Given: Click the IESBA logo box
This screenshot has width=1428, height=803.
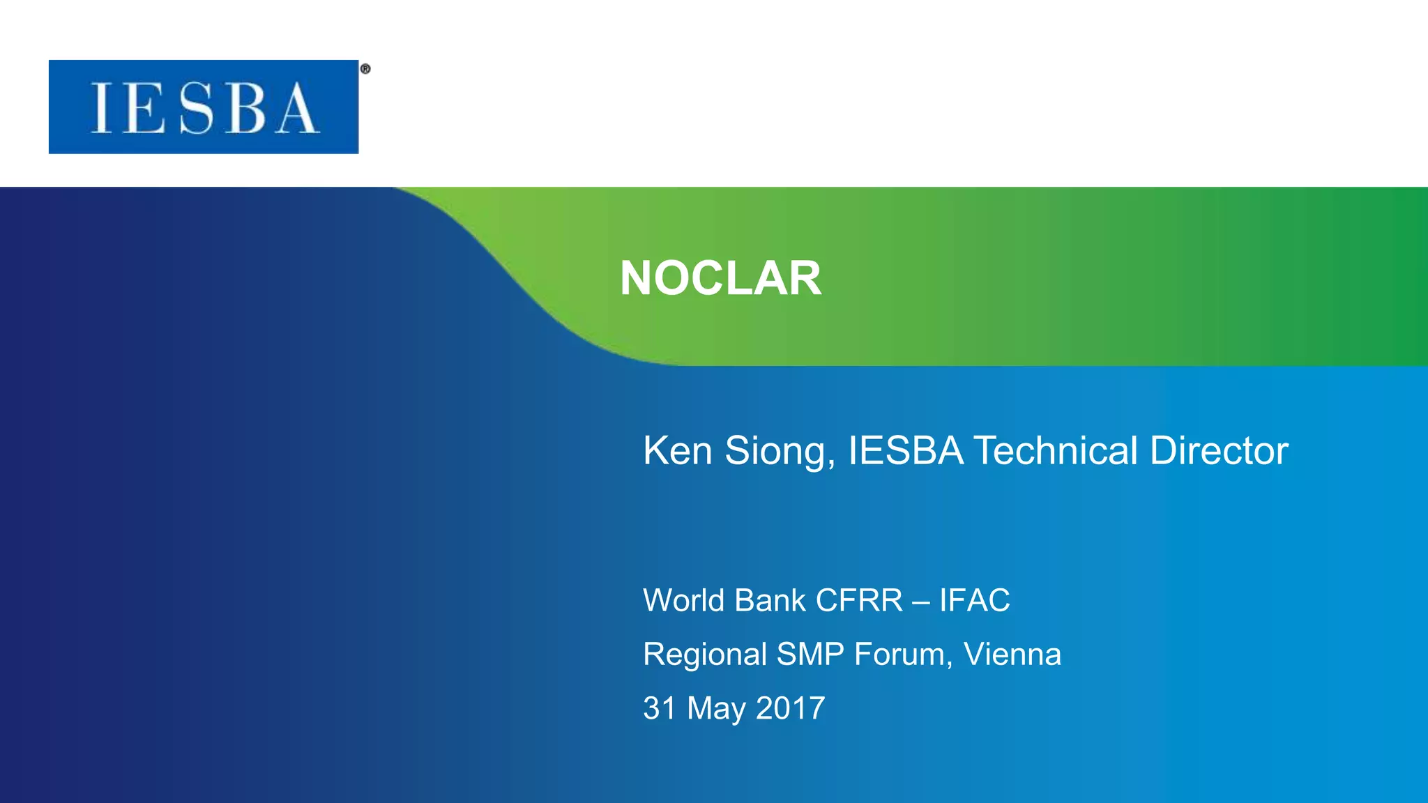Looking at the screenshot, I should point(204,107).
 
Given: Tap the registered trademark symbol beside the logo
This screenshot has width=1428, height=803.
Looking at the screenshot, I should point(365,69).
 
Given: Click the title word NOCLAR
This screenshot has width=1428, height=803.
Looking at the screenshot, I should point(720,278).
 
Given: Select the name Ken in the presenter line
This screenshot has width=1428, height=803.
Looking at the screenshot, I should point(678,450).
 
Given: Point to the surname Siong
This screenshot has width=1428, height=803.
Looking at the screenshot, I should point(780,450).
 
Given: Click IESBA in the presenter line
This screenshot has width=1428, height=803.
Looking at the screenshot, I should point(906,450).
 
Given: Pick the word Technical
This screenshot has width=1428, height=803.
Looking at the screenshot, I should point(1056,450).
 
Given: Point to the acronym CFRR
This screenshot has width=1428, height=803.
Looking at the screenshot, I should point(859,600).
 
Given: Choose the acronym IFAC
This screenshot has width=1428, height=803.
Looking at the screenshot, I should point(975,600).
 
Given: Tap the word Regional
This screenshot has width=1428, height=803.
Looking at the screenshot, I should point(705,655).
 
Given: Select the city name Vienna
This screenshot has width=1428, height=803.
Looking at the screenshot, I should point(1012,655).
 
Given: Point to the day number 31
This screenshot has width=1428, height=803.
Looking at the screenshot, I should point(660,708).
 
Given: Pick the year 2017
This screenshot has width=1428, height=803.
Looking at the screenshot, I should point(791,708).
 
